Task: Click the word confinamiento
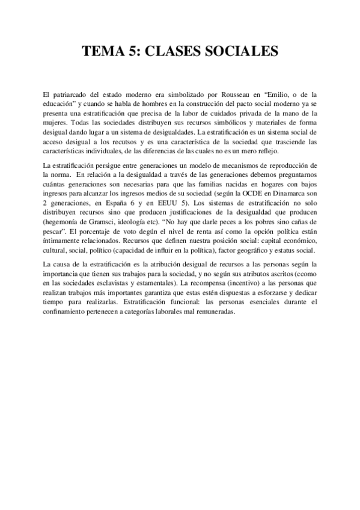pos(67,310)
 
